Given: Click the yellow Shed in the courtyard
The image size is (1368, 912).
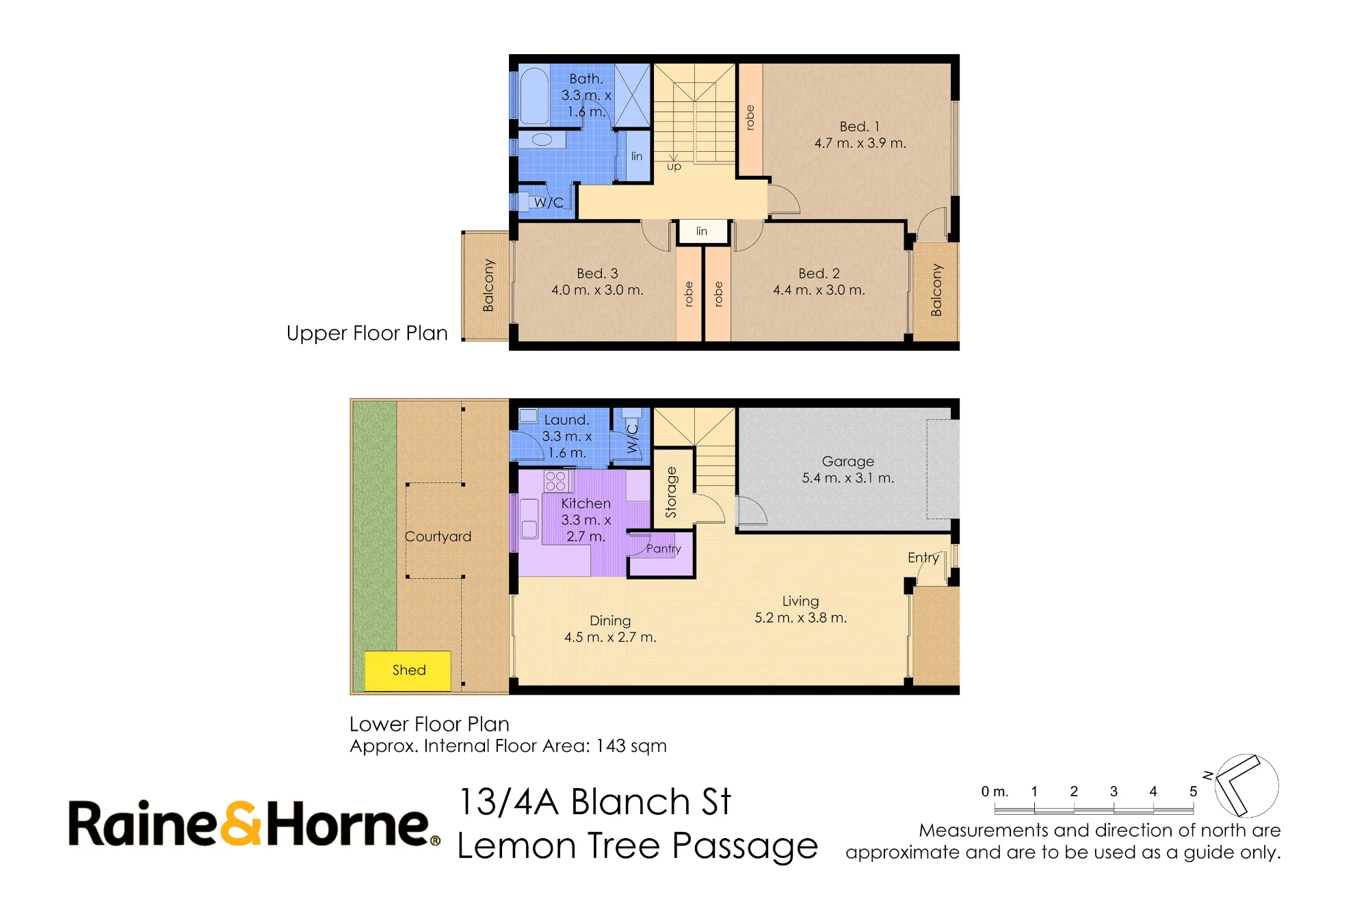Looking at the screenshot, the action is point(408,670).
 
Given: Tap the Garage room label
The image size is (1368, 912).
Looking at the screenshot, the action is point(847,462).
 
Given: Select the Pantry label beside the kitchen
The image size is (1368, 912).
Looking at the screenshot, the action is point(663,549).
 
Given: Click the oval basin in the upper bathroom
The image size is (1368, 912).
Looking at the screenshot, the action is point(542,140).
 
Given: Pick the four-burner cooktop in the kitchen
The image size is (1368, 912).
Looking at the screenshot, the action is point(556,481).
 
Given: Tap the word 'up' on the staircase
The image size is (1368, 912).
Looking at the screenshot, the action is point(674,166).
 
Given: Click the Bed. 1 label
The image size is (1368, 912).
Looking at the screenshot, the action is point(859,127).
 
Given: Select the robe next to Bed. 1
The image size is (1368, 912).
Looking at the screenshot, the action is point(750,119).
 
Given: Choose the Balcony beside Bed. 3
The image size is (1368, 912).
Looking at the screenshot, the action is point(486,285).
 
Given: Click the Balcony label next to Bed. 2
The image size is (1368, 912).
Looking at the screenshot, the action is point(936,290).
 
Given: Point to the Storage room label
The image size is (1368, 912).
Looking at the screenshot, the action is point(671,492).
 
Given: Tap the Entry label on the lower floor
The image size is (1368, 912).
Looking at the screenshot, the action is point(923,558).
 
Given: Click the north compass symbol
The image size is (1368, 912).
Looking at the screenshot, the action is point(1246,785).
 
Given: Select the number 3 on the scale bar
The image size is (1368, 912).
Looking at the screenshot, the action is point(1114,792).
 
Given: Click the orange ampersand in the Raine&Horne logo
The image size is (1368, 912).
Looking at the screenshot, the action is point(241,824).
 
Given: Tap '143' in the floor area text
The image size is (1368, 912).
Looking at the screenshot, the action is point(611,746).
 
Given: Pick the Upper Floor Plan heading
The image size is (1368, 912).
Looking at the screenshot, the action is point(367,333).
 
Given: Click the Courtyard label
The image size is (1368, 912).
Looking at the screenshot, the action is point(438,536).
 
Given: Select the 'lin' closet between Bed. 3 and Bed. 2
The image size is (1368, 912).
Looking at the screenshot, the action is point(702,232).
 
